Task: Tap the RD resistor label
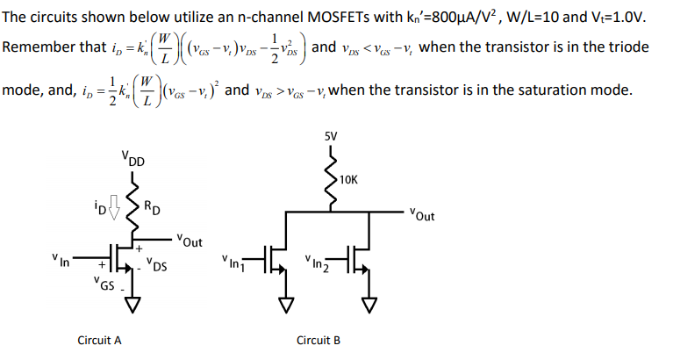pyautogui.click(x=152, y=208)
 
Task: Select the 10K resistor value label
pyautogui.click(x=348, y=179)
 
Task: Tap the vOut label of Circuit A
pyautogui.click(x=189, y=239)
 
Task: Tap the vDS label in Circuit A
pyautogui.click(x=157, y=263)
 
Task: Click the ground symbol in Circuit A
pyautogui.click(x=133, y=305)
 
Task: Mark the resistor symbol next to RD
pyautogui.click(x=134, y=206)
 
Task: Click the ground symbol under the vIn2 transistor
pyautogui.click(x=368, y=305)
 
